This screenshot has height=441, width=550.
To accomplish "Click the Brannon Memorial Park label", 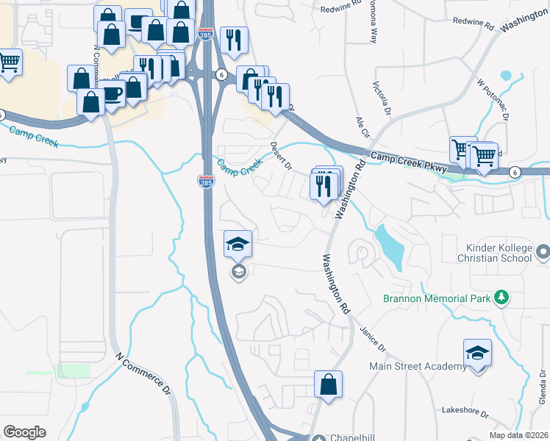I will [435, 298].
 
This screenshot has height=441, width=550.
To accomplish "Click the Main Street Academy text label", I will [413, 366].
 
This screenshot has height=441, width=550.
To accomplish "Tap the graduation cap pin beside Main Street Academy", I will [477, 354].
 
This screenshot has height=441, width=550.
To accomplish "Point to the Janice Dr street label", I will [374, 335].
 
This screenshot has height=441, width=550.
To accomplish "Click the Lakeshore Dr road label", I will [466, 410].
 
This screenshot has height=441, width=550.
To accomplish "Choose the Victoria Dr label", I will [381, 99].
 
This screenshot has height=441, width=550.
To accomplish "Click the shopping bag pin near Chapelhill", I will [328, 385].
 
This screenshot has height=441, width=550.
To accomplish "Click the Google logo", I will [25, 432].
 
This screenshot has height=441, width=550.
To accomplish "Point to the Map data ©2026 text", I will [518, 435].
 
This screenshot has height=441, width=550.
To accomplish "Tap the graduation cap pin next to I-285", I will [238, 245].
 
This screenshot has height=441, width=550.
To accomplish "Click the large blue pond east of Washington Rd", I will [389, 246].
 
